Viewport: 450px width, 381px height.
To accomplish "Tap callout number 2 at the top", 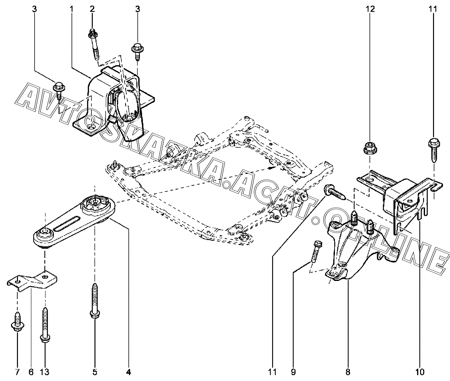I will pyautogui.click(x=92, y=9).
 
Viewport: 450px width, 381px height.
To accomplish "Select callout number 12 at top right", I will pyautogui.click(x=370, y=9).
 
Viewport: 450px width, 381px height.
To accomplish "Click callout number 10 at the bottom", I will pyautogui.click(x=420, y=371).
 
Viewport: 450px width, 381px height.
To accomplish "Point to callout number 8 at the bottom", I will pyautogui.click(x=348, y=371).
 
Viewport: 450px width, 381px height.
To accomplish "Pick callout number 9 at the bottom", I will pyautogui.click(x=293, y=371).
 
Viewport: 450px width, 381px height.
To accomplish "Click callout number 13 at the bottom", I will pyautogui.click(x=45, y=371).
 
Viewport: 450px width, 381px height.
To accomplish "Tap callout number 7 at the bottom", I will pyautogui.click(x=18, y=371).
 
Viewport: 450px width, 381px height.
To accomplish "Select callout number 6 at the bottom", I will pyautogui.click(x=31, y=371).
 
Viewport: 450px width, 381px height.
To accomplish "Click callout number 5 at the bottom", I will pyautogui.click(x=94, y=371).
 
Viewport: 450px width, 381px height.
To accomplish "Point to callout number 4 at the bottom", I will pyautogui.click(x=129, y=371).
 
